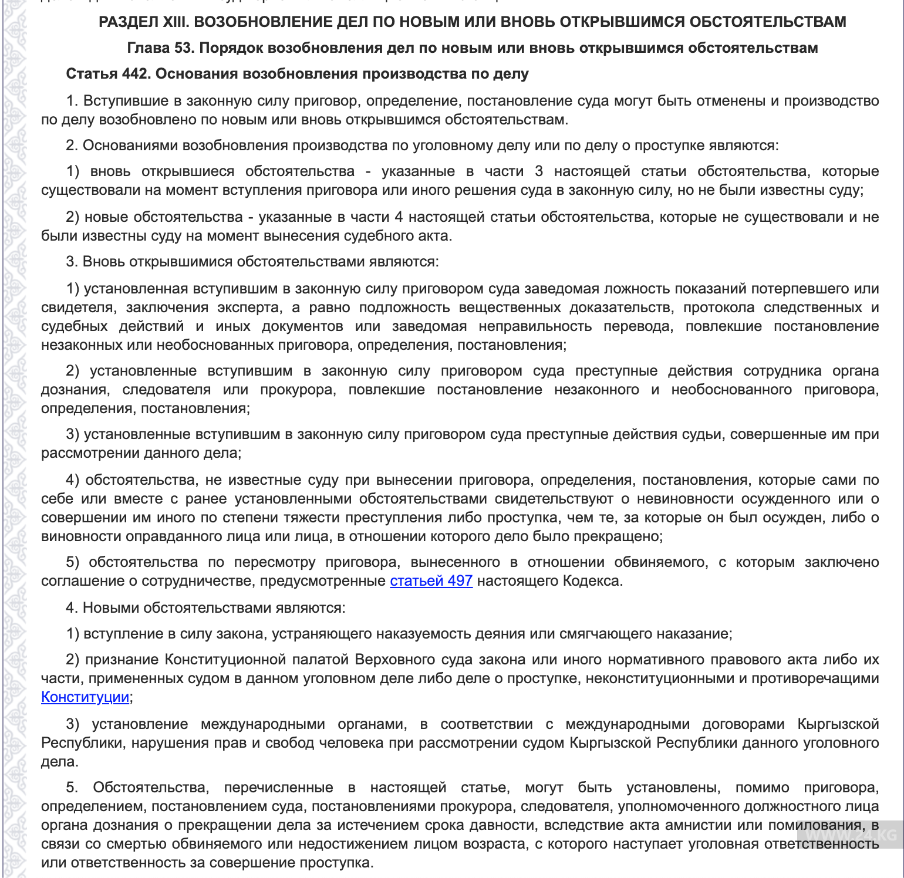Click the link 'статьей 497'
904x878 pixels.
(x=431, y=581)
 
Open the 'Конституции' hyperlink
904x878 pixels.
(x=85, y=697)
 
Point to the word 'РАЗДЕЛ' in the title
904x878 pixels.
(x=125, y=22)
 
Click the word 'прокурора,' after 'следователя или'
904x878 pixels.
(x=298, y=390)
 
